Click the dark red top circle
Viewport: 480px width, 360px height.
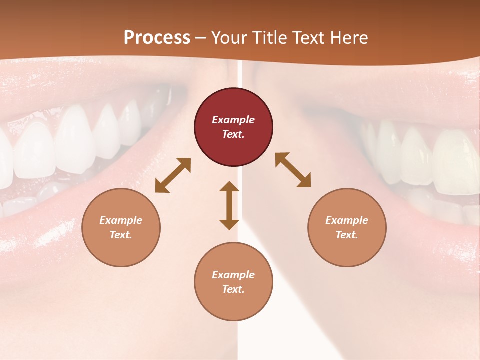pyautogui.click(x=233, y=127)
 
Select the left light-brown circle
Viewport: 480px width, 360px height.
pyautogui.click(x=121, y=227)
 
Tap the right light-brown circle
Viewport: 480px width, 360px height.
pyautogui.click(x=347, y=227)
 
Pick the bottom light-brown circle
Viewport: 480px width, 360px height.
pyautogui.click(x=233, y=282)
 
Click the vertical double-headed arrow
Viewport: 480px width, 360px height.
pyautogui.click(x=229, y=205)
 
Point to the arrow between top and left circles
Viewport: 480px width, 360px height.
pyautogui.click(x=173, y=175)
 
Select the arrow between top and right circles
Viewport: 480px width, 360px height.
pyautogui.click(x=293, y=170)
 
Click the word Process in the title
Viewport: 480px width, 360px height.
pyautogui.click(x=157, y=37)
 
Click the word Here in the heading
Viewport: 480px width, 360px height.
pyautogui.click(x=350, y=37)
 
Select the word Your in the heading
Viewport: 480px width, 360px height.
pyautogui.click(x=230, y=37)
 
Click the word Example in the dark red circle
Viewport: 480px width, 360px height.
pyautogui.click(x=233, y=120)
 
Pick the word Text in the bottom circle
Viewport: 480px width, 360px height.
pyautogui.click(x=233, y=289)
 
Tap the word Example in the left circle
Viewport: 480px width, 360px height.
pyautogui.click(x=121, y=220)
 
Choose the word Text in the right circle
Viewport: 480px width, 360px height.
pyautogui.click(x=346, y=235)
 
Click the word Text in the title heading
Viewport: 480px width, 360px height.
pyautogui.click(x=310, y=37)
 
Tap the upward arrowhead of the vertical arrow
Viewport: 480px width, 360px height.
pyautogui.click(x=229, y=186)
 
